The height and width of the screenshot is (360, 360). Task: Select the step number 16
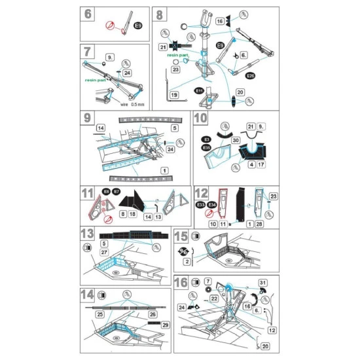181,283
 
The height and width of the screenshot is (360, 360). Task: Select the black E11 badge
198,91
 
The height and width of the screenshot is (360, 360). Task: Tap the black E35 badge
207,148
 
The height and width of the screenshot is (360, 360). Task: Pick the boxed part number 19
174,95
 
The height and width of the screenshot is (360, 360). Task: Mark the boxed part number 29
165,325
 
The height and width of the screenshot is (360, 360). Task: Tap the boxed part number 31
262,283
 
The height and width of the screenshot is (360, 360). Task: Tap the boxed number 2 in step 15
187,262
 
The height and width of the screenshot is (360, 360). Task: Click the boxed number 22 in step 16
213,298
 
